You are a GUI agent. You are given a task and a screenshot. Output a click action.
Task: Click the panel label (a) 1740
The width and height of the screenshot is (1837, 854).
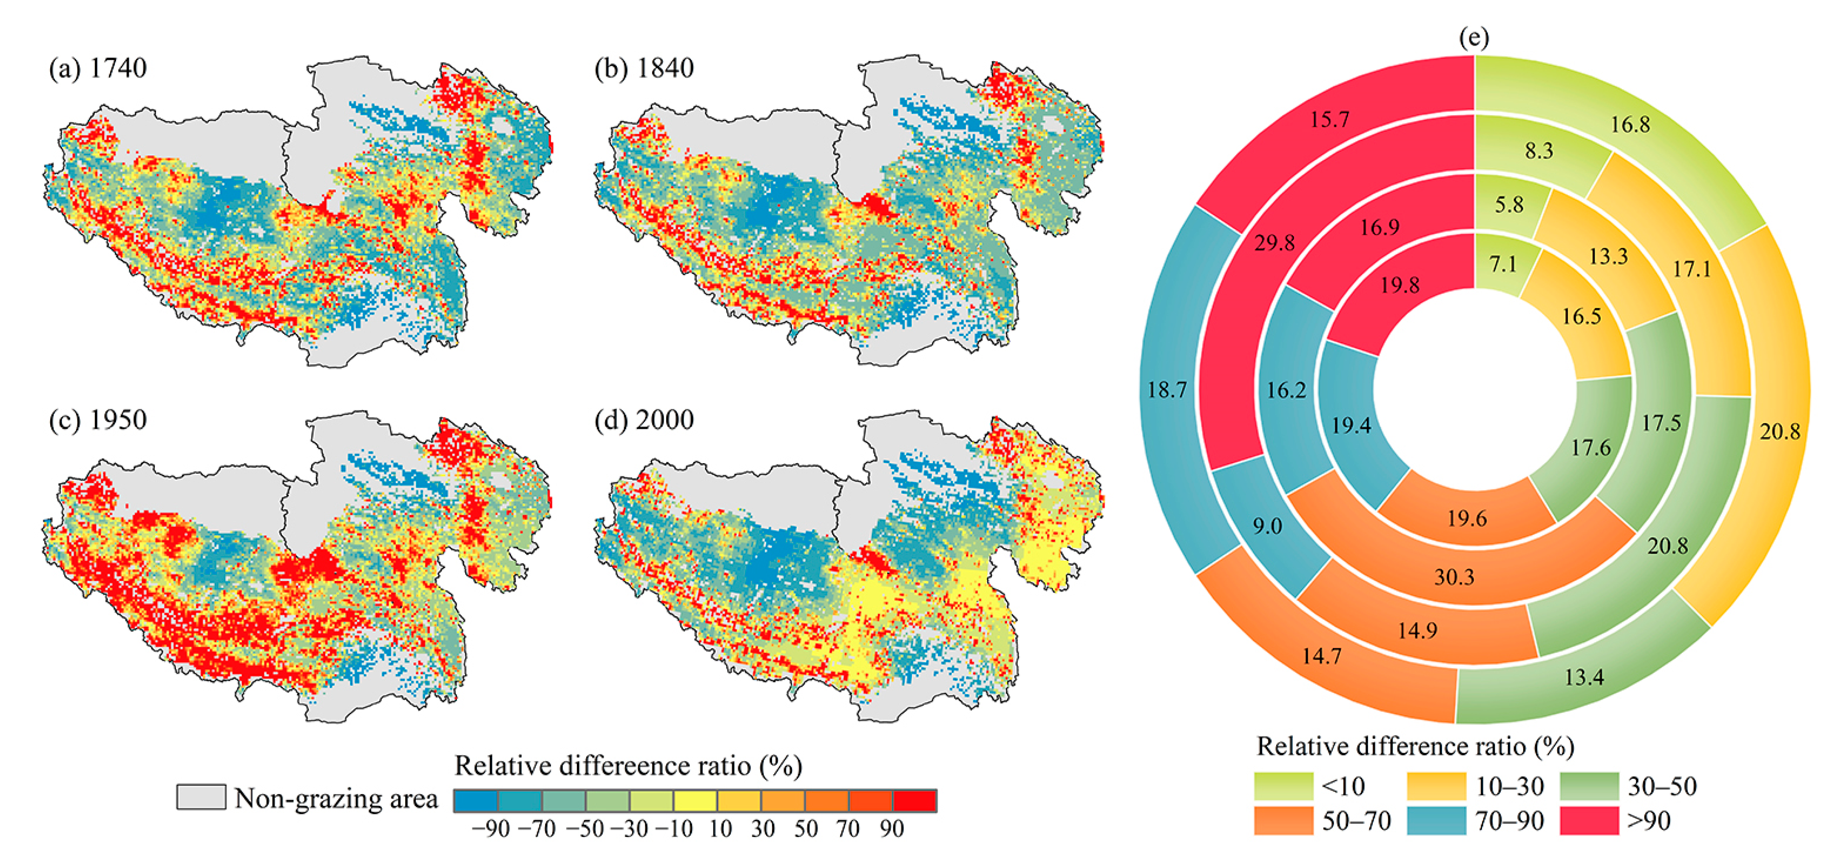(98, 68)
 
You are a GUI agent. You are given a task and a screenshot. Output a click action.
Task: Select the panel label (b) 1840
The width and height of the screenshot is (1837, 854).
(644, 68)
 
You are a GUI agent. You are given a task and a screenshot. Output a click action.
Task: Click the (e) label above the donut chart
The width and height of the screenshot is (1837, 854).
(1474, 37)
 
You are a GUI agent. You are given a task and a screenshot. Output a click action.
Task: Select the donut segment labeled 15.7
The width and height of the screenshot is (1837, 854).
(1329, 119)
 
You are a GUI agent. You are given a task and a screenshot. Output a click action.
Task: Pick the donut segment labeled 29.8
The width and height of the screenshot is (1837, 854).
(1275, 243)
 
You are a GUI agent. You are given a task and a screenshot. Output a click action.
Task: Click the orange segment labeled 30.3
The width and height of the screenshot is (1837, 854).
(1454, 576)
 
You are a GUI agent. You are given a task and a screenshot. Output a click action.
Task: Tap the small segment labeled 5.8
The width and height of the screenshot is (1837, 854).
(1509, 205)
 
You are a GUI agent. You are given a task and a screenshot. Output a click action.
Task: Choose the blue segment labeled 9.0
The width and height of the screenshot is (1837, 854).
(1267, 526)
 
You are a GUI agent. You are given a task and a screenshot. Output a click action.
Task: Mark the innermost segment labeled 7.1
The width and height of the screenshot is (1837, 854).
(1502, 264)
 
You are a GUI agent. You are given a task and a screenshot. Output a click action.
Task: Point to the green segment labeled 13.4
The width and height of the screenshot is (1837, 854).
(1584, 676)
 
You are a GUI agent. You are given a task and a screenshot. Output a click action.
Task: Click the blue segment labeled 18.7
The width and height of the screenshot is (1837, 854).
(1167, 390)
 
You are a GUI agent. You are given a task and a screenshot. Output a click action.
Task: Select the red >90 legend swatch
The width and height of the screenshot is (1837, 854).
(1589, 820)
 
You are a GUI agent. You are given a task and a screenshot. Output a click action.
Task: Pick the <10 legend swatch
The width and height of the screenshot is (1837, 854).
(1283, 786)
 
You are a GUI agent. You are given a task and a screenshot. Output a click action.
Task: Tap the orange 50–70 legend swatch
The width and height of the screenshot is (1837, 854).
(1283, 820)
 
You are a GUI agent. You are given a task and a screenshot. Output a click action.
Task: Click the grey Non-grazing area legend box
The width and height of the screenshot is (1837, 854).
(201, 797)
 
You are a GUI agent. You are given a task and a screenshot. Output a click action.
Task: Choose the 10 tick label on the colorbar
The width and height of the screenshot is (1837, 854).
(720, 829)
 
